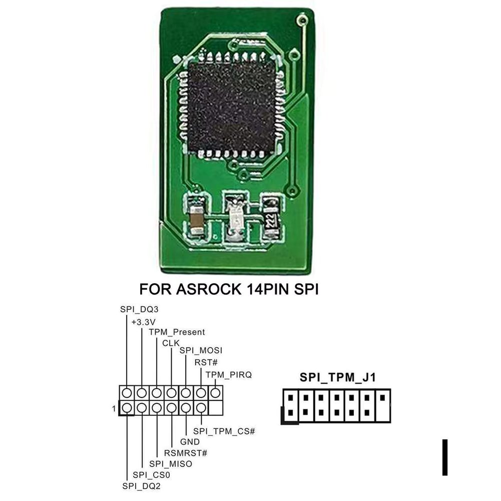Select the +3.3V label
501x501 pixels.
point(144,321)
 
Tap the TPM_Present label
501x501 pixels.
point(177,332)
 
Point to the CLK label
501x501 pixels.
point(171,343)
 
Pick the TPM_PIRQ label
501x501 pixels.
point(228,374)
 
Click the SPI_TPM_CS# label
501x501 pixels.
point(224,430)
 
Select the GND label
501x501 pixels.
point(190,442)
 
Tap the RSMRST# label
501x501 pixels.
point(186,453)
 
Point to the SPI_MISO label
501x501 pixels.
point(171,464)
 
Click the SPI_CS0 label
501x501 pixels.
point(152,474)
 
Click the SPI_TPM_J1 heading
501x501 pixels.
point(337,377)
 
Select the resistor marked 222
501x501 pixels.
point(271,219)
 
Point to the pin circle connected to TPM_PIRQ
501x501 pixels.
point(216,393)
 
